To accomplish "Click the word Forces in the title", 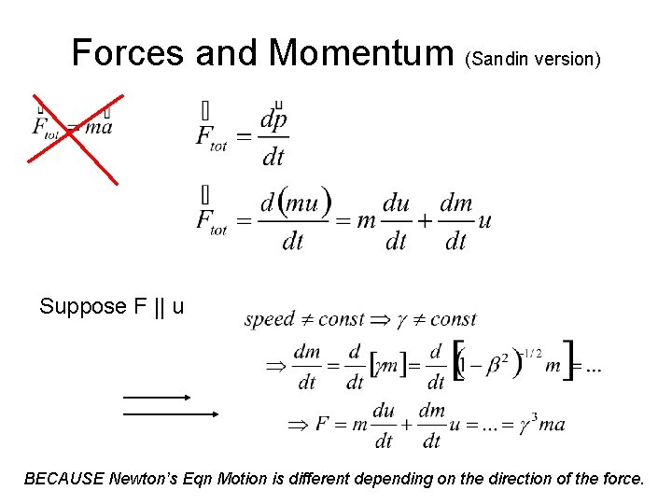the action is tap(128, 52).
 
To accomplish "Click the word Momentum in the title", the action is tap(360, 52).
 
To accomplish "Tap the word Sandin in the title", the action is tap(500, 60).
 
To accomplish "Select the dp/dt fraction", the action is tap(273, 137).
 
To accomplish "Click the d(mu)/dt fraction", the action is tap(294, 221).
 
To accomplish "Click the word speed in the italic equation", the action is tap(269, 319).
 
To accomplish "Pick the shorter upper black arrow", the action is tap(156, 397).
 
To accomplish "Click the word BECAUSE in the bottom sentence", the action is tap(63, 479).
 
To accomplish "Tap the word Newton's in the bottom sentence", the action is tap(142, 479).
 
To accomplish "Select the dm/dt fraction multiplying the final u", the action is tap(431, 425).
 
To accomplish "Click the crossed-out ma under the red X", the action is tap(98, 128).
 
